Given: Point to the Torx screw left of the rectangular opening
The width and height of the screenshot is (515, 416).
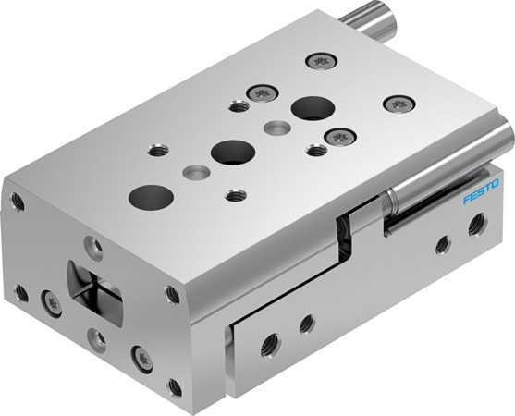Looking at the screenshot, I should tap(48, 300).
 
